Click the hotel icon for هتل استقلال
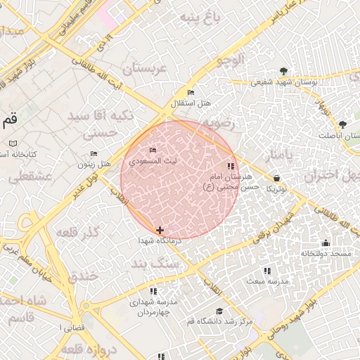pyautogui.click(x=191, y=93)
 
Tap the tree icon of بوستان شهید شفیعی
pyautogui.click(x=283, y=71)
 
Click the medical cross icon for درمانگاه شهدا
pyautogui.click(x=160, y=229)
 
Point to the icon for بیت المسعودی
pyautogui.click(x=153, y=150)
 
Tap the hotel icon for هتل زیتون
pyautogui.click(x=94, y=154)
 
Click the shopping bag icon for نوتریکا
pyautogui.click(x=276, y=178)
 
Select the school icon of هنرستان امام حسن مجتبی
pyautogui.click(x=231, y=167)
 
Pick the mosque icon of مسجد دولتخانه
pyautogui.click(x=325, y=243)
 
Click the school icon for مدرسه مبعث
pyautogui.click(x=266, y=270)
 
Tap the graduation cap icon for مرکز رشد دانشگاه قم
pyautogui.click(x=219, y=311)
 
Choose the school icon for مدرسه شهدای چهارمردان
pyautogui.click(x=153, y=291)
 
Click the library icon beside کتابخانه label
pyautogui.click(x=13, y=143)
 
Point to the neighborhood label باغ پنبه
pyautogui.click(x=200, y=16)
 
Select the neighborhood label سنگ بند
pyautogui.click(x=152, y=264)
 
